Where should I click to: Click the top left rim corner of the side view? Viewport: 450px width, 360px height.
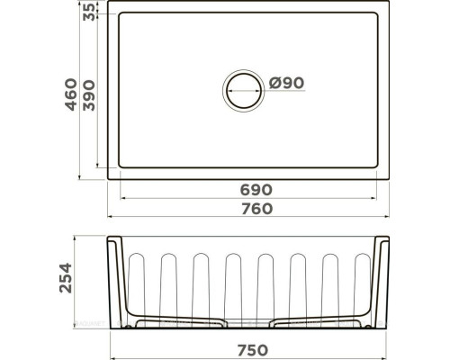point(111,238)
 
